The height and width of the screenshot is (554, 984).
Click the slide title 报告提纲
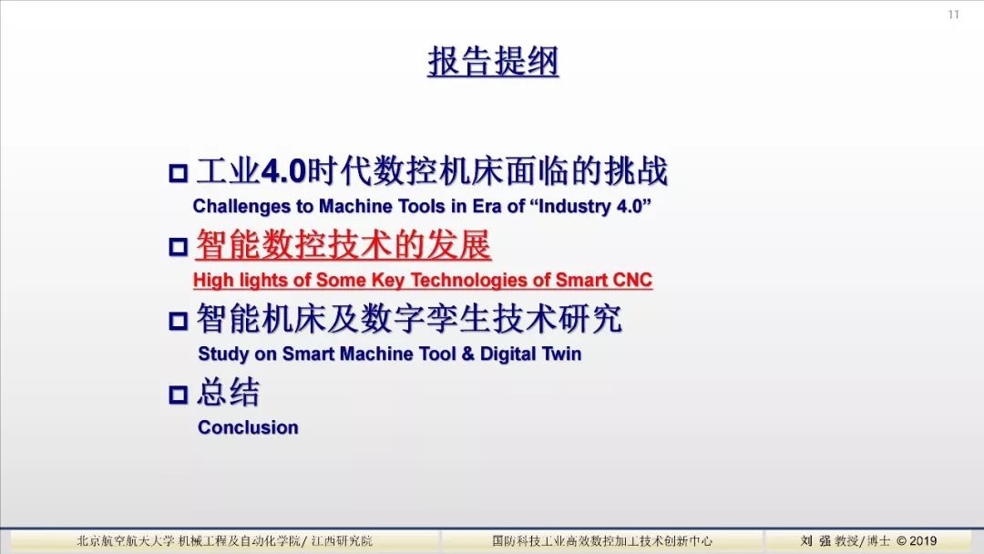pos(493,61)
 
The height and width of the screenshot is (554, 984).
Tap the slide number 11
pos(953,15)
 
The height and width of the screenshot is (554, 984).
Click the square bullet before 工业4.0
pos(179,173)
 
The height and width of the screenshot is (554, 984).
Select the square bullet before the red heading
pos(179,247)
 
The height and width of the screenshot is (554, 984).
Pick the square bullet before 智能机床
pos(179,321)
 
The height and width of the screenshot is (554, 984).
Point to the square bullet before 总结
pos(179,395)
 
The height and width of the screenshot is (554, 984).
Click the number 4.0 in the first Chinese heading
pos(283,172)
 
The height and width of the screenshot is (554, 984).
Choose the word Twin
pos(562,354)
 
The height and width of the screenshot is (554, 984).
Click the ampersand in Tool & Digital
pos(467,354)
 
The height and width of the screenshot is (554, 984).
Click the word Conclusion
pos(248,427)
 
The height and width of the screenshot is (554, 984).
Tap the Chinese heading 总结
pos(228,393)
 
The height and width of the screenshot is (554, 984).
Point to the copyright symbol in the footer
pos(900,541)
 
